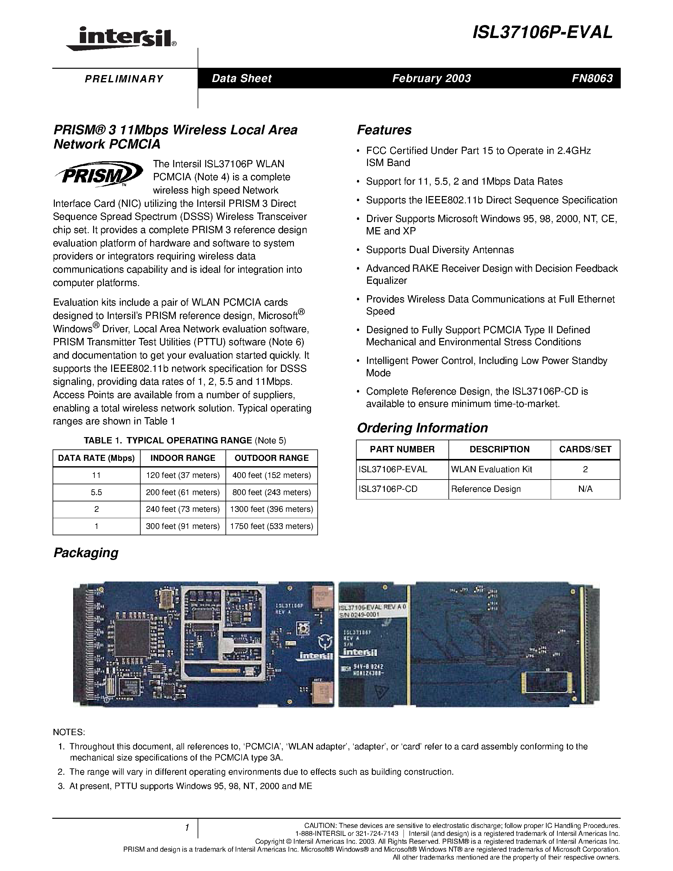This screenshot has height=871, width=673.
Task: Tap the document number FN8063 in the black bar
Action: pos(592,78)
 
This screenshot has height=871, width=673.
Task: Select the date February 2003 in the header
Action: pos(431,78)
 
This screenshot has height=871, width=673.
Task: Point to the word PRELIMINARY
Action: pos(124,79)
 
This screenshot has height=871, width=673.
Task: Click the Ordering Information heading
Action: pos(422,428)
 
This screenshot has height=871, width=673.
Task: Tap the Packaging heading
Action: pos(86,553)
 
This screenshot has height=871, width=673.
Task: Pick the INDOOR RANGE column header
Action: pos(183,458)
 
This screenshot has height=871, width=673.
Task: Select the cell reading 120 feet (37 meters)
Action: pos(183,475)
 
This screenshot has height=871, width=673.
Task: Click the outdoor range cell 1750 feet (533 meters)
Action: pos(271,526)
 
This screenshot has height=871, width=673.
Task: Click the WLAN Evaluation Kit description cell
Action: pos(492,469)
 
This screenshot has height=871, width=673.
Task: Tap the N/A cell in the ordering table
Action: pos(585,489)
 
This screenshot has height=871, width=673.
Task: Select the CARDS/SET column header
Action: pos(585,449)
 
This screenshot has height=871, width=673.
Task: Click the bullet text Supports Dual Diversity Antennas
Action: pos(440,250)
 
